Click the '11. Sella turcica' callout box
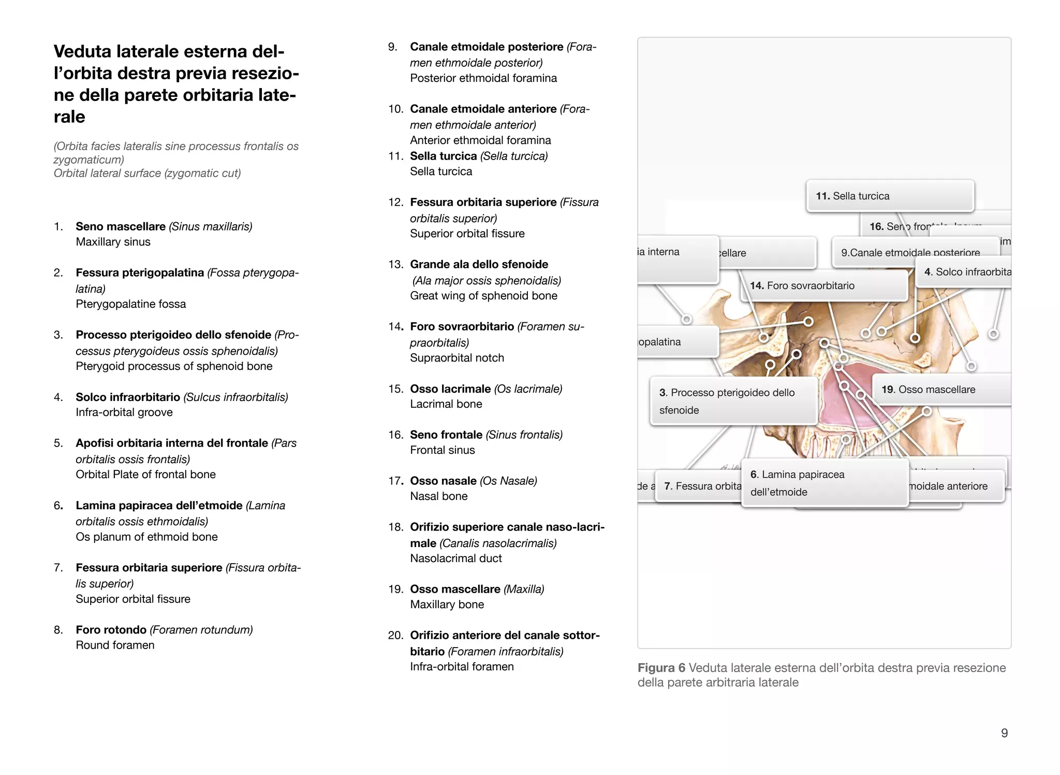890,196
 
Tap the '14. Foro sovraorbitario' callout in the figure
824,285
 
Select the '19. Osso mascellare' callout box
941,390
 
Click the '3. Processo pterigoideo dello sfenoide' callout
733,401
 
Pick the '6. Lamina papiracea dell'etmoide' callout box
825,483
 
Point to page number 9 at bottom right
1004,733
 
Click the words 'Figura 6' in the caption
661,668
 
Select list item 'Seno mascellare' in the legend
121,226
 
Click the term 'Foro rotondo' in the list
111,630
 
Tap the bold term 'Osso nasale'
443,481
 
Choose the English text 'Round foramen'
115,645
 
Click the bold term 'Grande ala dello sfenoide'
479,264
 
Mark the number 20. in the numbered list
395,636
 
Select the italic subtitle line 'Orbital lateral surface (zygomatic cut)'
147,173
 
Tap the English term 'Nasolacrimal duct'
455,558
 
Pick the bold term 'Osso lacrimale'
450,389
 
